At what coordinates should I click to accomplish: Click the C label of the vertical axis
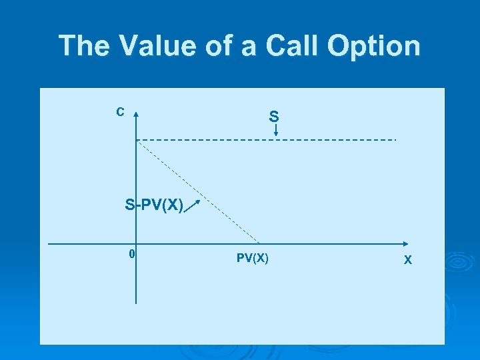pyautogui.click(x=120, y=112)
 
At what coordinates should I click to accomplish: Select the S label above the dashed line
pyautogui.click(x=274, y=117)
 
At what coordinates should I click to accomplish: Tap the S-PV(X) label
pyautogui.click(x=154, y=205)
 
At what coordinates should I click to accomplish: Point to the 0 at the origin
pyautogui.click(x=132, y=254)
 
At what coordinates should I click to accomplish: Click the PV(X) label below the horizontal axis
pyautogui.click(x=253, y=258)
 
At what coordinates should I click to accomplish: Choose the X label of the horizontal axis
pyautogui.click(x=408, y=260)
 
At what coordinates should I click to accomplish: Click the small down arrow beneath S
pyautogui.click(x=276, y=131)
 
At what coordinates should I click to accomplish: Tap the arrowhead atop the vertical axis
pyautogui.click(x=136, y=115)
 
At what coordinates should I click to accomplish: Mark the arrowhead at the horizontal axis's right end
pyautogui.click(x=407, y=243)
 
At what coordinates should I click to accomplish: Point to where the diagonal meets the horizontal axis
pyautogui.click(x=260, y=243)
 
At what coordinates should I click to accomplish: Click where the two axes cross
pyautogui.click(x=136, y=243)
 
